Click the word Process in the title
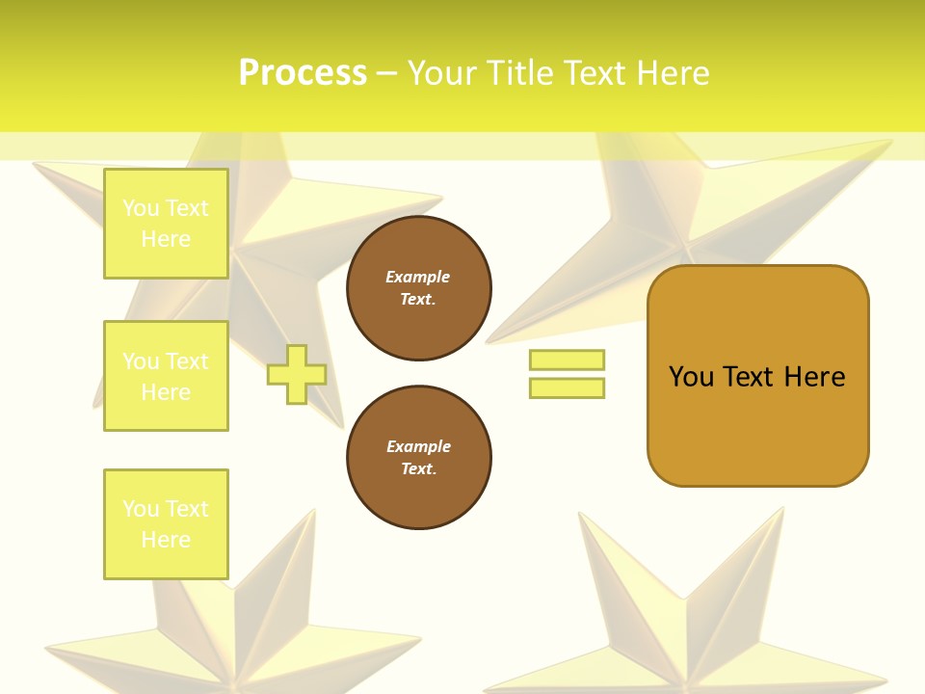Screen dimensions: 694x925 303,73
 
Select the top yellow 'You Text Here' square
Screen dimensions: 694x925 166,224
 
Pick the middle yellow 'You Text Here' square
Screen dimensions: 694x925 166,376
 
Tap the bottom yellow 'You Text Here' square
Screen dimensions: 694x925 166,524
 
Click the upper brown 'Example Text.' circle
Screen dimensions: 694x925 419,288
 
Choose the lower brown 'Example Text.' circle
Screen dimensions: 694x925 419,458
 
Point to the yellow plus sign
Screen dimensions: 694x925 297,374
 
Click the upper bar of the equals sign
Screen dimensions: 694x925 567,360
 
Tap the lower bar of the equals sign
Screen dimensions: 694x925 567,388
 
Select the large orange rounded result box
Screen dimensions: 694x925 757,424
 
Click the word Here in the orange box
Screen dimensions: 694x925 814,376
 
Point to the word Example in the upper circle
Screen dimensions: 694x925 417,277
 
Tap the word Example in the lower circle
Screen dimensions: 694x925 418,446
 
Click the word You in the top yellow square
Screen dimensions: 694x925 141,208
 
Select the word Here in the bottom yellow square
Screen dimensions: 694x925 166,540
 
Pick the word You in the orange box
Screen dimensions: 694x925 691,376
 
